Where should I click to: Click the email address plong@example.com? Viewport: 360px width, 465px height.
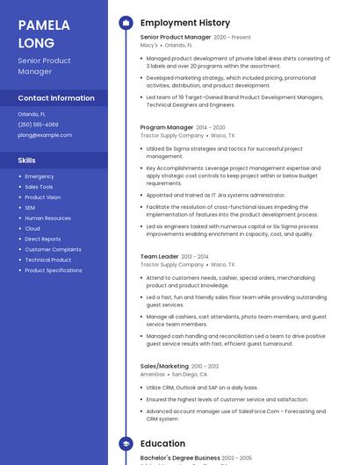[44, 135]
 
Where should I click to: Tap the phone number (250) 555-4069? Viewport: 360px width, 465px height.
[38, 125]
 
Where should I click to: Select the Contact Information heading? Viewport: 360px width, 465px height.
[56, 98]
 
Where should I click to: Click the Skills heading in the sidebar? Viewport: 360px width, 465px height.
[27, 161]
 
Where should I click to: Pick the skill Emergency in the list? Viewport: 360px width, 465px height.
[40, 176]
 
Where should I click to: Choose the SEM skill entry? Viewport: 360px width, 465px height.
[30, 208]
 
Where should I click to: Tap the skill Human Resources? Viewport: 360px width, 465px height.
[47, 218]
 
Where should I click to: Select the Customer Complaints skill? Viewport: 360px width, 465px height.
[53, 249]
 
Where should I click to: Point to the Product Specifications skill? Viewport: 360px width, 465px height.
[54, 270]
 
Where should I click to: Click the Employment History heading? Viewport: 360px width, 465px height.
[185, 23]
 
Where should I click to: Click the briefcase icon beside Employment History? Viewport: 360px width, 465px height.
[125, 23]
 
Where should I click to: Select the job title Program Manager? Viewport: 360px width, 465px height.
[167, 127]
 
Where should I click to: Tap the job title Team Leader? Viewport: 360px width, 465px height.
[159, 256]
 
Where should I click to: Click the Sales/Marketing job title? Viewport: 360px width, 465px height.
[164, 366]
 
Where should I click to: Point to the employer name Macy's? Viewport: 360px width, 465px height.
[149, 45]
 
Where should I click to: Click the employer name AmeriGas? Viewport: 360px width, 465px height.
[153, 374]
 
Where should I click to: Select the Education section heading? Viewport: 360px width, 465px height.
[162, 443]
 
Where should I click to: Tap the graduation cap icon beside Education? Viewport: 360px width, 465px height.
[125, 443]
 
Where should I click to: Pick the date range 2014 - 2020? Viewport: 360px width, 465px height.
[211, 127]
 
